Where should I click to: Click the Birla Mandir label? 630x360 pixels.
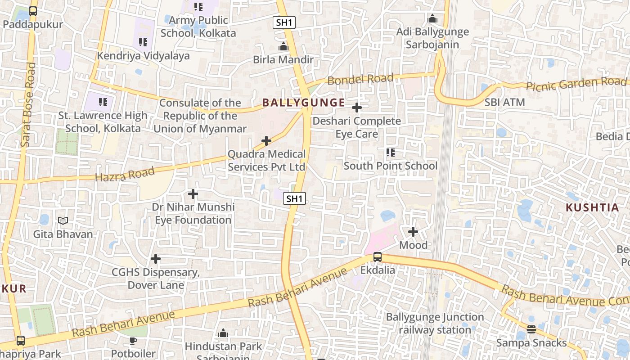283,59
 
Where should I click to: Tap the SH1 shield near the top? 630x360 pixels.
284,22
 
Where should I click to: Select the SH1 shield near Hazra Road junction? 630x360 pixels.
295,198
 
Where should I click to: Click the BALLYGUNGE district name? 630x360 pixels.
304,103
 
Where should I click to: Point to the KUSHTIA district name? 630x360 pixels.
592,207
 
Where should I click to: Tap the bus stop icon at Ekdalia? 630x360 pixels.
378,257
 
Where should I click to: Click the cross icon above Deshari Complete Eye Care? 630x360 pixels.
357,108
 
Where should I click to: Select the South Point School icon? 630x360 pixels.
391,153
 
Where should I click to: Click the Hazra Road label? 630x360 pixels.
125,174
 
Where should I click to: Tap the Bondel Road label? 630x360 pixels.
360,79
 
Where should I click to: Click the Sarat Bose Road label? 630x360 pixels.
28,104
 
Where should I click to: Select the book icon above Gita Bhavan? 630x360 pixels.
63,221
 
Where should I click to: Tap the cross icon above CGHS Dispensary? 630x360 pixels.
156,259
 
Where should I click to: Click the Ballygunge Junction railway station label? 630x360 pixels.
435,324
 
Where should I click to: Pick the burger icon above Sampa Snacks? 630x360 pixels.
531,329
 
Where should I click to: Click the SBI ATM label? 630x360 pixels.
504,102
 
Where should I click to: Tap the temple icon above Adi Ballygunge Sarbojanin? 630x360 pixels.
432,18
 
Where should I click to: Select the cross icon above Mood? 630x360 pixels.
413,232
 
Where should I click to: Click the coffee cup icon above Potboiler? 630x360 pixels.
133,341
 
